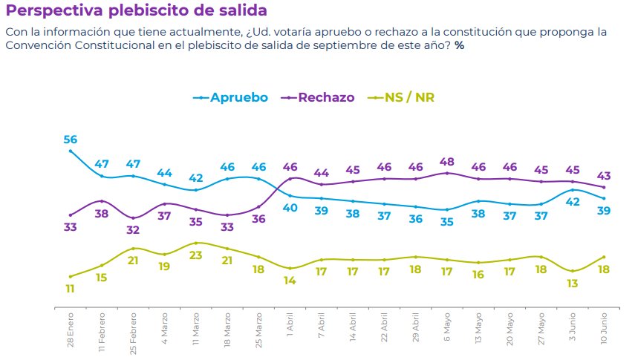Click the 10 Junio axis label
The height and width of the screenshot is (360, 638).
tap(605, 327)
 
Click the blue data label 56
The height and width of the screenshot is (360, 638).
tap(71, 140)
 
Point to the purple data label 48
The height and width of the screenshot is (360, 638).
tap(447, 162)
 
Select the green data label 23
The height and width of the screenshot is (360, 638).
tap(196, 255)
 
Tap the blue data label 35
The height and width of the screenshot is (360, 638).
tap(447, 222)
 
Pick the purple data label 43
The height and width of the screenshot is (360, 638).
tap(604, 176)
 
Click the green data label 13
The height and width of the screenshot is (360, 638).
tap(573, 284)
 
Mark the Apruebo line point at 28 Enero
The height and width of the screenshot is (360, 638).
tap(71, 151)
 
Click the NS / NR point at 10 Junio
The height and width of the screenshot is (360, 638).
tap(604, 257)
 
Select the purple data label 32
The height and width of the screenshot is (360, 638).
tap(133, 230)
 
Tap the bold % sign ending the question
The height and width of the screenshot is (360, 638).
tap(460, 46)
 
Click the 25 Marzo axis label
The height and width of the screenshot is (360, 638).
tap(258, 327)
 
